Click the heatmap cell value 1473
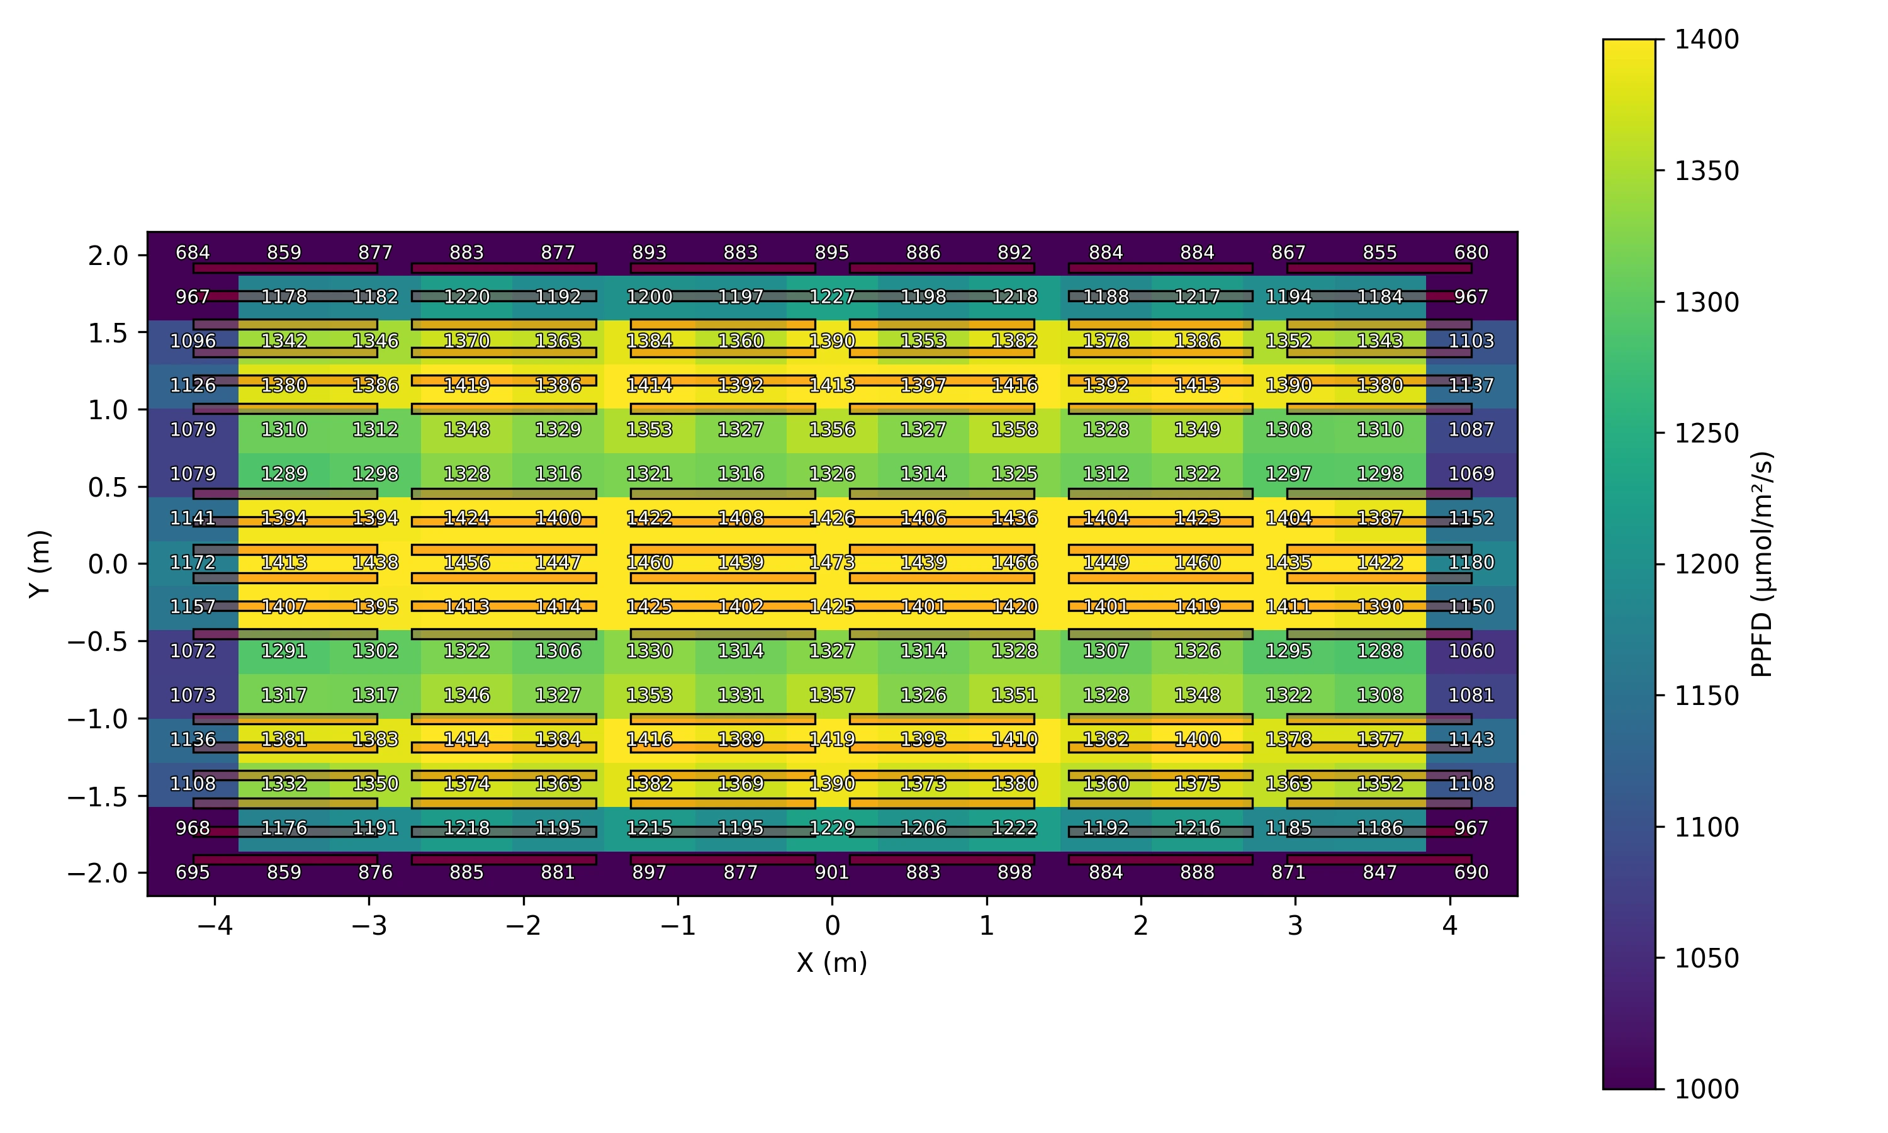click(x=832, y=563)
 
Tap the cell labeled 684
click(x=193, y=252)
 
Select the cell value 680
click(x=1471, y=252)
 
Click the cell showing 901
click(x=832, y=872)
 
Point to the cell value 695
click(x=193, y=872)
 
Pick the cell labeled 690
click(x=1471, y=872)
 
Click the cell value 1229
click(x=832, y=828)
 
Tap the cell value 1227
click(x=832, y=296)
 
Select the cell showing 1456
click(x=466, y=563)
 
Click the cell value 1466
click(x=1014, y=563)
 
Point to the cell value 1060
click(x=1471, y=651)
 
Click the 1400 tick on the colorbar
click(x=1706, y=40)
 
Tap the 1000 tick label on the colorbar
click(x=1706, y=1089)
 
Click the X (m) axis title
click(x=832, y=963)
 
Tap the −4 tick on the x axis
click(x=215, y=926)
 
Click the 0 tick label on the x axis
click(x=832, y=926)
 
